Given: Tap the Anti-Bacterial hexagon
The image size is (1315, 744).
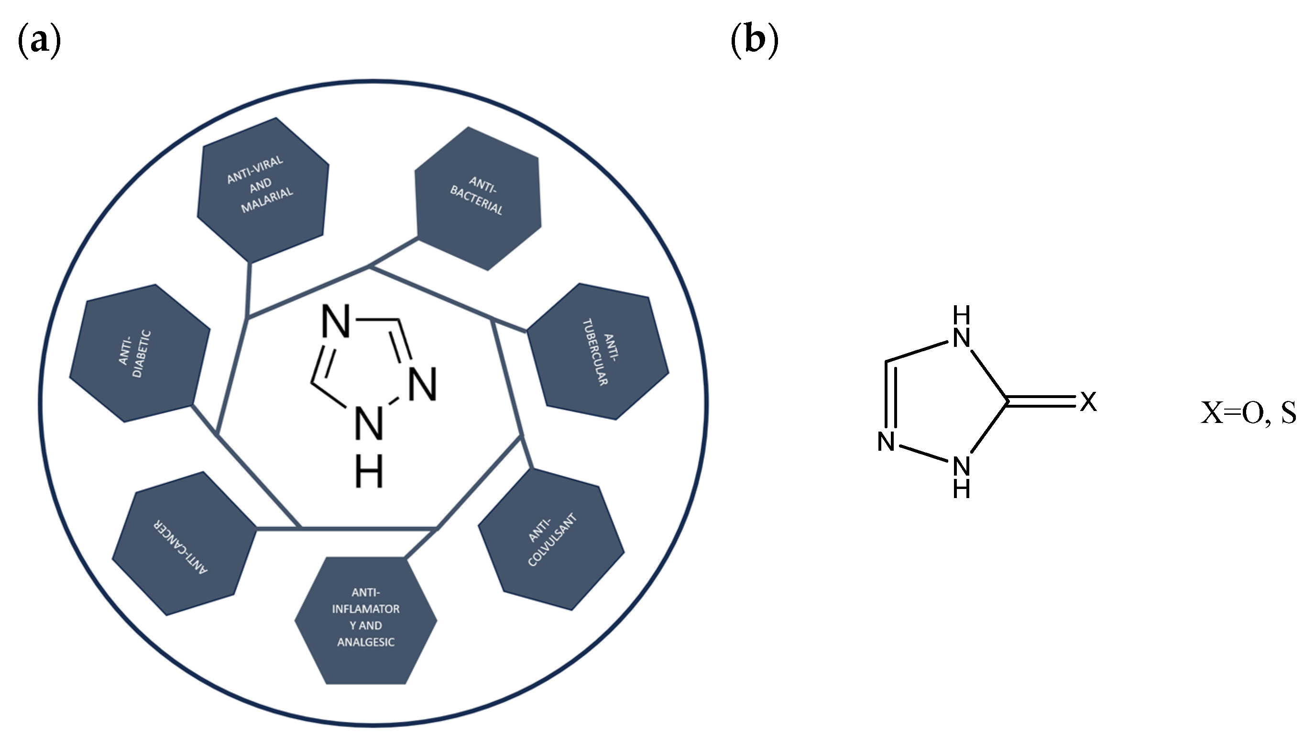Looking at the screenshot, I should [478, 198].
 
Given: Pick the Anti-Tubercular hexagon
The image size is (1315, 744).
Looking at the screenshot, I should [598, 352].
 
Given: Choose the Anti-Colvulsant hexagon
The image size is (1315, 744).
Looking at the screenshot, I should [551, 540].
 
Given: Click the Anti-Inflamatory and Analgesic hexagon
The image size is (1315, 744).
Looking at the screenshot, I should [366, 619].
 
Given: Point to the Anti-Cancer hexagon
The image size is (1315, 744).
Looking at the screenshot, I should [183, 543].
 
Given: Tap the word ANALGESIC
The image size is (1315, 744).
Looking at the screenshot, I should [366, 642].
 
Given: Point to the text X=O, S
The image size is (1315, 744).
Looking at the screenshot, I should [1248, 413].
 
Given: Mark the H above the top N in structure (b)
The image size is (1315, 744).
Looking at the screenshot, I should [962, 316].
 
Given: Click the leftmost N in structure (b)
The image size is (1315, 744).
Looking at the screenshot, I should [886, 442].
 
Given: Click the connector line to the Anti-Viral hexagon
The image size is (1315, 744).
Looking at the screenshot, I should [249, 289].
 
